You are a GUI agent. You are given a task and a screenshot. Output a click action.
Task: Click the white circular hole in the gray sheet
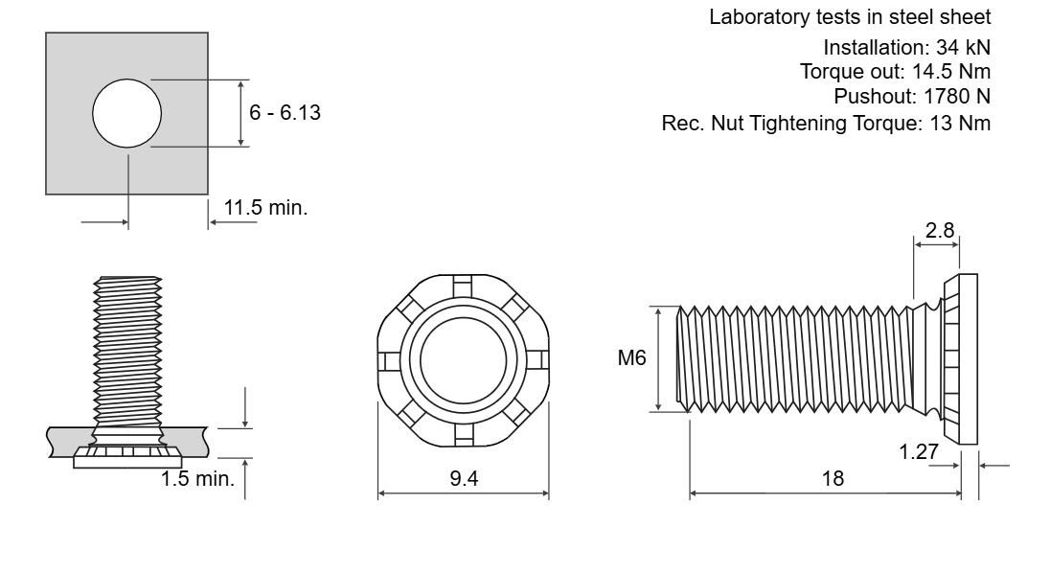point(126,113)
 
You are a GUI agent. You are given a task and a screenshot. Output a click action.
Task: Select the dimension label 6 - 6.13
point(285,112)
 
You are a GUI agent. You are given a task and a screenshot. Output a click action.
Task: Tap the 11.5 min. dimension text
point(265,208)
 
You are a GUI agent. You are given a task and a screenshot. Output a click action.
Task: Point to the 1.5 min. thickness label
point(197,478)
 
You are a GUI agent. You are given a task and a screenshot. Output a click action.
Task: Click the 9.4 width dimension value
point(464,478)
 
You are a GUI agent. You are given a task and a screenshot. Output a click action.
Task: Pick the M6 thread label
point(631,358)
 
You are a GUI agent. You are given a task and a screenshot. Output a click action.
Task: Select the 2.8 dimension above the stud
point(940,230)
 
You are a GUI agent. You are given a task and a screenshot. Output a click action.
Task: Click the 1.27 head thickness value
point(919,452)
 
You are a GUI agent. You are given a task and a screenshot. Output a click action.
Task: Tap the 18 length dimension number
point(833,478)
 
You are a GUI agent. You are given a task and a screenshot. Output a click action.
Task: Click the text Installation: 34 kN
point(906,48)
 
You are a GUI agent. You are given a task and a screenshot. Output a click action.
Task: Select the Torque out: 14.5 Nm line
point(896,72)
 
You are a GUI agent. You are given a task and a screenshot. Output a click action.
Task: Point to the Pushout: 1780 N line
point(912,97)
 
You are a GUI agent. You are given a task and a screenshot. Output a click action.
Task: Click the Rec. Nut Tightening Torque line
point(826,124)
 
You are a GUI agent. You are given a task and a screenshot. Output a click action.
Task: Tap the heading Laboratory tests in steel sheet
point(850,16)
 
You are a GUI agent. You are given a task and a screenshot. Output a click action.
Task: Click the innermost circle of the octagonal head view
point(463,361)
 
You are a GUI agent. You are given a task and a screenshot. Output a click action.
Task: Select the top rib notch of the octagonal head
point(463,286)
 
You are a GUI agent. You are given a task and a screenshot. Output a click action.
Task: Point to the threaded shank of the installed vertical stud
point(127,355)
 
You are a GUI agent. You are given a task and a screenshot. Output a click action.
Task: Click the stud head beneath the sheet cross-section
point(127,457)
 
